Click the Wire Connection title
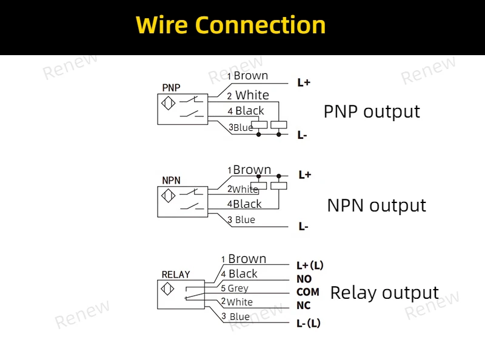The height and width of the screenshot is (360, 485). pyautogui.click(x=230, y=25)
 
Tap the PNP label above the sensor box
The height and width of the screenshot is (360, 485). pyautogui.click(x=171, y=88)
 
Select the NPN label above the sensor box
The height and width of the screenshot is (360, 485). pyautogui.click(x=171, y=181)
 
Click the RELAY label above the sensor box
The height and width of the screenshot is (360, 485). pyautogui.click(x=176, y=275)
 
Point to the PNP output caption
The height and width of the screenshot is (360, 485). pyautogui.click(x=372, y=112)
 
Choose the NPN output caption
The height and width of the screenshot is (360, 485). pyautogui.click(x=376, y=205)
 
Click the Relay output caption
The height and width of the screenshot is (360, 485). pyautogui.click(x=384, y=293)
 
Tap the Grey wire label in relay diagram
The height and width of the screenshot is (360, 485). pyautogui.click(x=238, y=288)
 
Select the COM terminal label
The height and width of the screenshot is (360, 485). pyautogui.click(x=307, y=292)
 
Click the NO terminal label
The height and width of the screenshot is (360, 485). pyautogui.click(x=304, y=279)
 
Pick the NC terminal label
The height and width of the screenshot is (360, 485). pyautogui.click(x=303, y=305)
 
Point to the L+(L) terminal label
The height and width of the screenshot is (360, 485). pyautogui.click(x=310, y=265)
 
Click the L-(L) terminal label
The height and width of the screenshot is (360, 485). pyautogui.click(x=308, y=324)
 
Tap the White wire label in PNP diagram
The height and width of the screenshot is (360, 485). pyautogui.click(x=252, y=95)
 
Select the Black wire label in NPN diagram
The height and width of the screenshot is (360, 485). pyautogui.click(x=247, y=204)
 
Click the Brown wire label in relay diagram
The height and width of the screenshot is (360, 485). pyautogui.click(x=247, y=259)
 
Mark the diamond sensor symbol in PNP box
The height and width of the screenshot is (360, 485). pyautogui.click(x=169, y=103)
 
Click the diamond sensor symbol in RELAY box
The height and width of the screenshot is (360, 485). pyautogui.click(x=169, y=290)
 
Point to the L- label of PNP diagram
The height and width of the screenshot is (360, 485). pyautogui.click(x=302, y=135)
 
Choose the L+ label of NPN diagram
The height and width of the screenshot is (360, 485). pyautogui.click(x=304, y=175)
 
